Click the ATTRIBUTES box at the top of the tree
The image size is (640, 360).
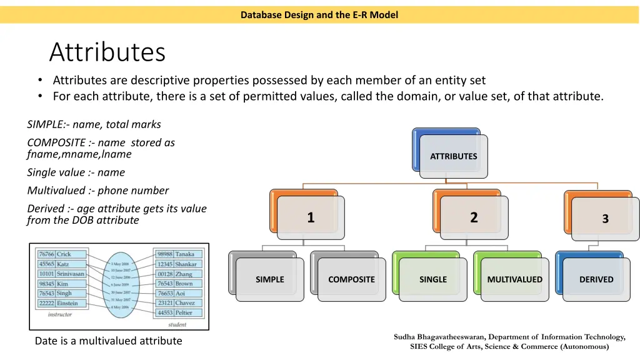pos(453,156)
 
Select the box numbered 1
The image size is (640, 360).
pos(311,217)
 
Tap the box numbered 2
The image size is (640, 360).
pos(474,217)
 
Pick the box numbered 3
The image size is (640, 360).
pos(605,219)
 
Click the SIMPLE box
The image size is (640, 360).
pos(269,279)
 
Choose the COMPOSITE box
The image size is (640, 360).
pos(351,279)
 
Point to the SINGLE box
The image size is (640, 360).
pos(433,279)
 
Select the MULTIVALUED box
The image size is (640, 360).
pos(515,279)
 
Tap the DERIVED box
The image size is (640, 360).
pos(596,279)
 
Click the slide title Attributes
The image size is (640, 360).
pos(107,52)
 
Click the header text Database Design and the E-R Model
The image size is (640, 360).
pos(319,15)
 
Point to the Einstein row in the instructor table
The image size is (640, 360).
pos(59,303)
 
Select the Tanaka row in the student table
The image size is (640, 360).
pos(176,254)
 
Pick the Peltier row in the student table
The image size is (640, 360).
pos(176,312)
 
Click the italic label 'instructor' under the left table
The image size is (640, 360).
pos(60,315)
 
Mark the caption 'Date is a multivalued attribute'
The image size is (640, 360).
pos(108,341)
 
